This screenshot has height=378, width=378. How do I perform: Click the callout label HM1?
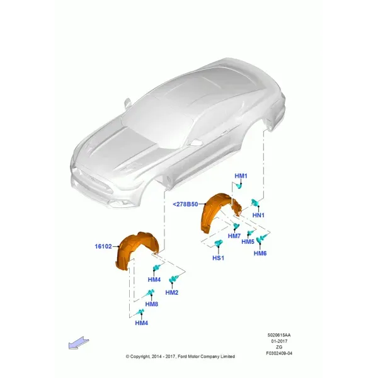tap(241, 176)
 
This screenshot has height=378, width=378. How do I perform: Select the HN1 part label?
tap(258, 215)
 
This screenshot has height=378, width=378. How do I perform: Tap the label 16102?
tap(103, 246)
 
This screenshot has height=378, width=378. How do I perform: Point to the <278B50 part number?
tap(185, 204)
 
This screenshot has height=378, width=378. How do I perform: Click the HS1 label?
tap(218, 258)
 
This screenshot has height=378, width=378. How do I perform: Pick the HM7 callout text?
tap(234, 236)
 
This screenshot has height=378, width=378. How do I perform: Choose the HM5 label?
tap(248, 241)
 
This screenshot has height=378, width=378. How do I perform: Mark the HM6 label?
tap(260, 253)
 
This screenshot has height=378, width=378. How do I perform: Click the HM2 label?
tap(171, 292)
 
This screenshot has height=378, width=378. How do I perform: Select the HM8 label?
tap(152, 304)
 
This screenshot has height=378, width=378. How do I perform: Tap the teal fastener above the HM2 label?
tap(174, 278)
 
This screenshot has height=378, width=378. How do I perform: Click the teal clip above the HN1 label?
tap(255, 202)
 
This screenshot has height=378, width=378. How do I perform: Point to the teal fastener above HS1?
tap(219, 243)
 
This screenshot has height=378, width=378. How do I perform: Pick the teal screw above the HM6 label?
tap(261, 239)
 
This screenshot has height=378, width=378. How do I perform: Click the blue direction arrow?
tap(79, 343)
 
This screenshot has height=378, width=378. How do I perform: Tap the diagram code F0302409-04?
tap(279, 353)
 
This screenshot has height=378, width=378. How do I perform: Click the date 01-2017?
tap(279, 341)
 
